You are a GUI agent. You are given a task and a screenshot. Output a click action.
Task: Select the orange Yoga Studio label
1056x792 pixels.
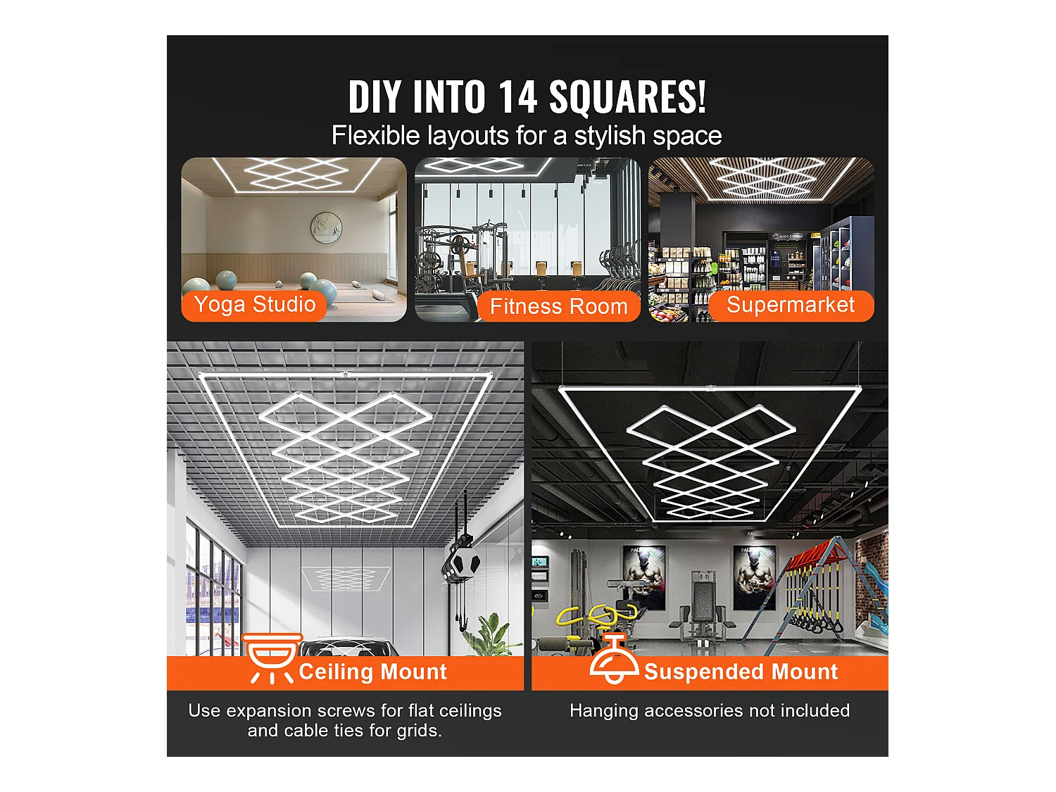click(254, 305)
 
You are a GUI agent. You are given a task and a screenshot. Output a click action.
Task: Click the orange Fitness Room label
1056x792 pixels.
click(558, 306)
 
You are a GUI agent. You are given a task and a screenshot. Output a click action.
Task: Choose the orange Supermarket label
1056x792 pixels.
click(791, 306)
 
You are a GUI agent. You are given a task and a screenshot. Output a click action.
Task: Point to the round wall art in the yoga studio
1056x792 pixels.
click(327, 227)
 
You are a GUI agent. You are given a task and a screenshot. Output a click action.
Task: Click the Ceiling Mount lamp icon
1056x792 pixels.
click(272, 658)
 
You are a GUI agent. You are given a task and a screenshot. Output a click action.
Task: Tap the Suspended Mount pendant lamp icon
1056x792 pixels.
click(615, 658)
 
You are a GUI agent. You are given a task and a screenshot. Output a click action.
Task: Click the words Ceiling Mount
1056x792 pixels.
click(373, 672)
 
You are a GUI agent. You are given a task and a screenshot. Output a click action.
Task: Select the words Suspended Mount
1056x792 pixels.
click(741, 672)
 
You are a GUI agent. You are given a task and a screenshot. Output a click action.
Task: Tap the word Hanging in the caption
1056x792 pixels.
click(604, 711)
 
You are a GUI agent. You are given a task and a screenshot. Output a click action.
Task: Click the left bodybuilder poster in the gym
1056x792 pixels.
click(645, 577)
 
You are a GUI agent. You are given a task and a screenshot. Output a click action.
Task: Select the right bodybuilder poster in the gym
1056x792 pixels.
click(755, 577)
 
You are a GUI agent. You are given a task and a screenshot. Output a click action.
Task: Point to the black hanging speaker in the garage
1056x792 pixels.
click(461, 561)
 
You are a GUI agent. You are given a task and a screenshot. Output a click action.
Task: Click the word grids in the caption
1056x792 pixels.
click(419, 731)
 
